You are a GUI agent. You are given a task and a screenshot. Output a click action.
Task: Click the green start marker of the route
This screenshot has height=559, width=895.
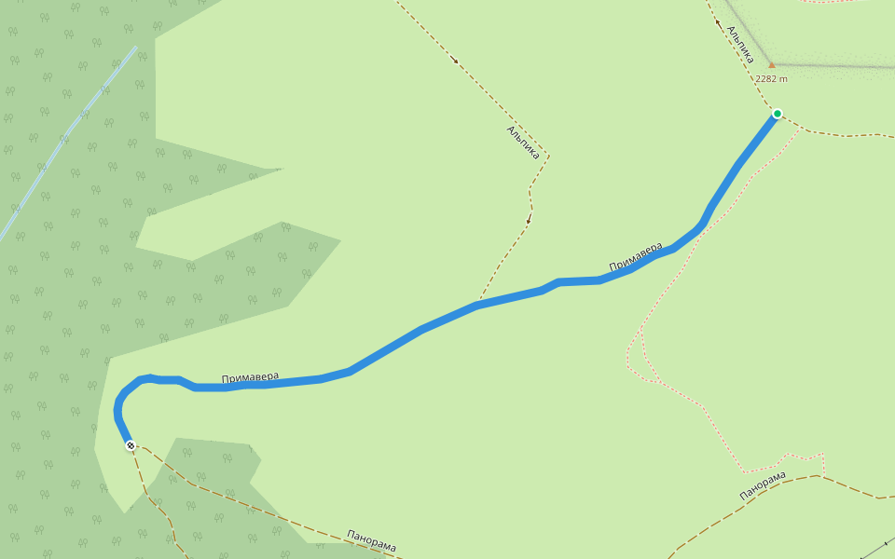pyautogui.click(x=777, y=115)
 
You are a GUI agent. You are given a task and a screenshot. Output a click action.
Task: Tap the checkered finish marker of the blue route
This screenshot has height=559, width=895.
pyautogui.click(x=131, y=445)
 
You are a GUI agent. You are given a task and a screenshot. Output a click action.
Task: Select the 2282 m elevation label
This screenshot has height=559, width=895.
pyautogui.click(x=771, y=79)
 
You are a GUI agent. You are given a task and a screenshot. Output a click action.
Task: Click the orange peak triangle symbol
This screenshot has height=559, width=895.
pyautogui.click(x=771, y=65)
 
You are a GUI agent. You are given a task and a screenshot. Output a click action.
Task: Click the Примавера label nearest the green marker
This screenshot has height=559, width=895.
pyautogui.click(x=636, y=258)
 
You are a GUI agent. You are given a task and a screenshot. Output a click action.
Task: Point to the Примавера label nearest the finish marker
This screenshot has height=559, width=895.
pyautogui.click(x=250, y=377)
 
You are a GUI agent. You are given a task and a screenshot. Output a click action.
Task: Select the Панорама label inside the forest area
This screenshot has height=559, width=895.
pyautogui.click(x=371, y=541)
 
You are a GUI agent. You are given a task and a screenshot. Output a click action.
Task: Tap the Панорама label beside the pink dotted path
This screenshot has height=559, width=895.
pyautogui.click(x=763, y=485)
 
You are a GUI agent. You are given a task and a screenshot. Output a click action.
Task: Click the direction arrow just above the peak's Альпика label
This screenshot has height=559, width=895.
pyautogui.click(x=718, y=21)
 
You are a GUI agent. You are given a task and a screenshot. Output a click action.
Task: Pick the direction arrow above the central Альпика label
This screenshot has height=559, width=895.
pyautogui.click(x=455, y=61)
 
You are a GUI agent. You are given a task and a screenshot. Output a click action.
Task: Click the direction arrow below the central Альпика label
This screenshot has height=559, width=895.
pyautogui.click(x=528, y=220)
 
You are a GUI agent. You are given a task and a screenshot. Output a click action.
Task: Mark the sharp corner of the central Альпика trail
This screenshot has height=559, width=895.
pyautogui.click(x=549, y=156)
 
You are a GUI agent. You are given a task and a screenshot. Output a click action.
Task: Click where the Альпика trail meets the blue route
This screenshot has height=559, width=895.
pyautogui.click(x=479, y=304)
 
